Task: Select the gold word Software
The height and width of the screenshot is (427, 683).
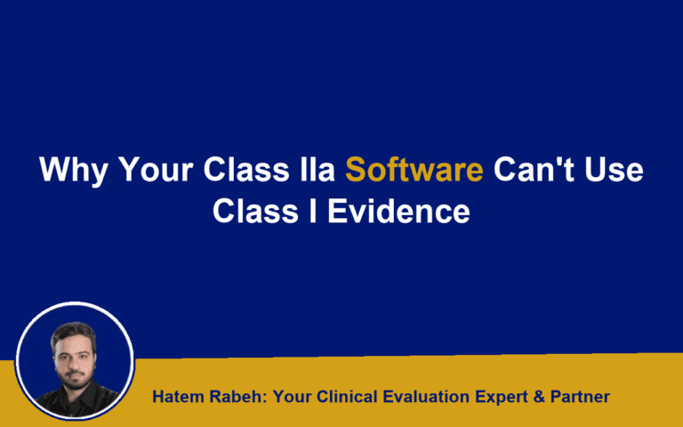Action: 414,169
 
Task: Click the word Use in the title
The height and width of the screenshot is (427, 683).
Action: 615,169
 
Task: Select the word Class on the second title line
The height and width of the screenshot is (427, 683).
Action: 253,213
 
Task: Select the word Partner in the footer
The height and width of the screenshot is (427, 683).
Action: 580,397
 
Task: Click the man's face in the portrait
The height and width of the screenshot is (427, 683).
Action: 75,350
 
